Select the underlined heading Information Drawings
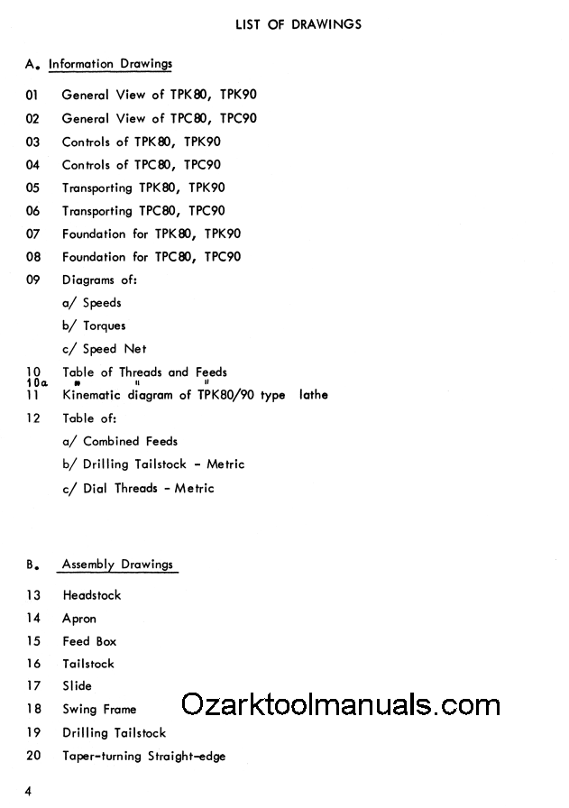(x=110, y=64)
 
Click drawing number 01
(x=33, y=95)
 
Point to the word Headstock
(x=91, y=595)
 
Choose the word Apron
(x=79, y=619)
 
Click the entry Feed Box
(x=89, y=641)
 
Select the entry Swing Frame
(x=99, y=710)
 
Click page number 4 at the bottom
(x=29, y=792)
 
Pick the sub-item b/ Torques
(x=94, y=326)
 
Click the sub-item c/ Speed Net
(x=104, y=349)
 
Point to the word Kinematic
(x=91, y=395)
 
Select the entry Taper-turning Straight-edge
(x=143, y=756)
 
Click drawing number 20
(x=33, y=756)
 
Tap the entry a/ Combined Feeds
(x=120, y=441)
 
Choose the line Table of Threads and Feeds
(x=144, y=372)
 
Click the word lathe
(x=313, y=395)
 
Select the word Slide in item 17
(x=77, y=686)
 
